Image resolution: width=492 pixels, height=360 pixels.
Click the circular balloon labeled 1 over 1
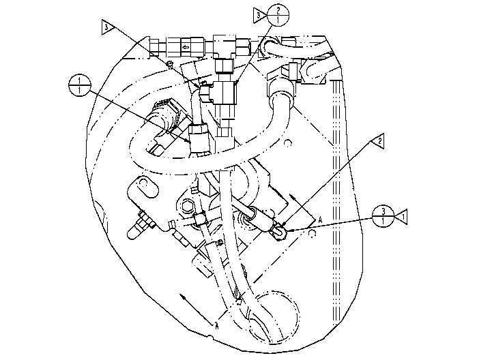[80, 86]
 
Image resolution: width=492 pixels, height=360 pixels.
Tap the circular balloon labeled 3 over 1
[384, 215]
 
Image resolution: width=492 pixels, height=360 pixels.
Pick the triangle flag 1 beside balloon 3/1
[405, 215]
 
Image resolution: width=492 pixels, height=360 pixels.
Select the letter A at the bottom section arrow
[216, 325]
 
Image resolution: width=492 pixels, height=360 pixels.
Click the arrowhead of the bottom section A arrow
[184, 298]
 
